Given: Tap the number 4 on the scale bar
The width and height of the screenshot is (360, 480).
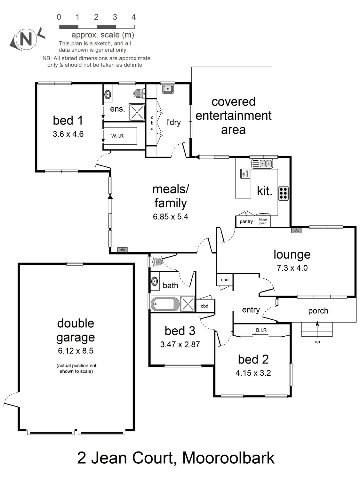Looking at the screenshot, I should coord(133,17).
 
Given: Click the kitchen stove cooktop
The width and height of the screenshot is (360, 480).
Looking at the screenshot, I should coord(283,193).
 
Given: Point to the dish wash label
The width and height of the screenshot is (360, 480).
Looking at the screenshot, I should coord(245,174).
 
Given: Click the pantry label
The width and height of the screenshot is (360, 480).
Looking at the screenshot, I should coord(246,221).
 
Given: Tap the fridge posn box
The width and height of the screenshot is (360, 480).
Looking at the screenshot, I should coord(263,221).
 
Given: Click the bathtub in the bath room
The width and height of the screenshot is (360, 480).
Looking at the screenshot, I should coord(165,304).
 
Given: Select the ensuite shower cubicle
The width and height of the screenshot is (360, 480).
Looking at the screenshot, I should coord(137,112).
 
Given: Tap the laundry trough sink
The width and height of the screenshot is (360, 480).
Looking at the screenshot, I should coord(168,89).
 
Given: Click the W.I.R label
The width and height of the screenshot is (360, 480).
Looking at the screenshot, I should coord(117,136).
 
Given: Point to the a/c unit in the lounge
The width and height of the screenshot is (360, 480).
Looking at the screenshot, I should coord(296,231).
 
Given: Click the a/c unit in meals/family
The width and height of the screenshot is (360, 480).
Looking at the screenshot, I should coord(122,250).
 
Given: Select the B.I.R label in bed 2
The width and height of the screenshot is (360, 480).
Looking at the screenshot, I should coord(261,330).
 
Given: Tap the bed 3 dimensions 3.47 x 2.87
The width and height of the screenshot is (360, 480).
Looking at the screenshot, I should coord(180,345).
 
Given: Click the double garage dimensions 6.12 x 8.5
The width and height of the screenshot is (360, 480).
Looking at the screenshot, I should coord(76,351).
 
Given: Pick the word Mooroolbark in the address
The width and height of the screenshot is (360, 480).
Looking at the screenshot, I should coord(228,458).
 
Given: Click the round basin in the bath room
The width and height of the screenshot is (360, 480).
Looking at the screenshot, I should coord(155,281).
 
